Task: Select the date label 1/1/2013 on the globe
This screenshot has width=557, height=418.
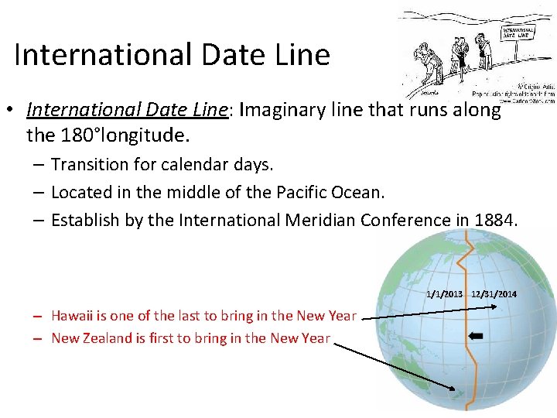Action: (x=444, y=294)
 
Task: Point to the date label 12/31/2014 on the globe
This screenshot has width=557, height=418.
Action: (x=494, y=294)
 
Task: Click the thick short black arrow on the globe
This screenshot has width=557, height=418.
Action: (x=477, y=336)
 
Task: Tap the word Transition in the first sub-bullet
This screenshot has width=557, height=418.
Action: (x=88, y=164)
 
